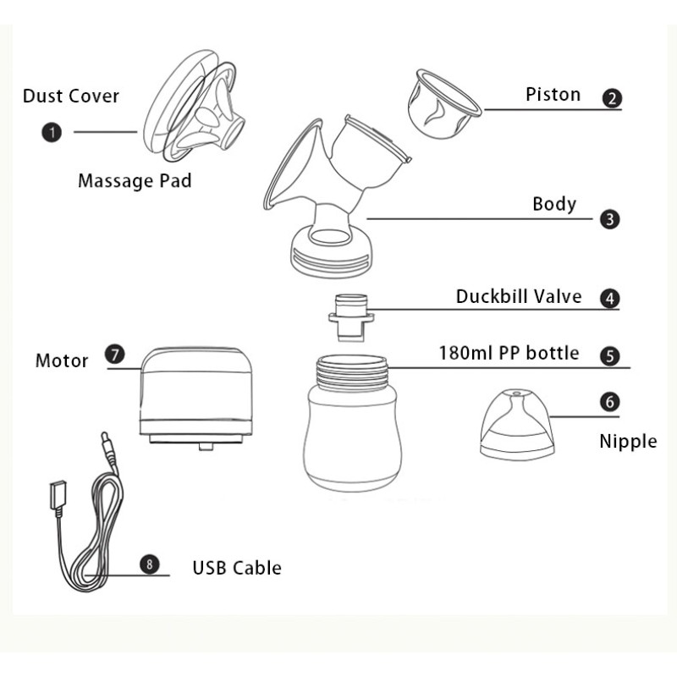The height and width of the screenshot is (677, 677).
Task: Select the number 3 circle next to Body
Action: pyautogui.click(x=609, y=219)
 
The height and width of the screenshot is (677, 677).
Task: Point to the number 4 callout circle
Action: pyautogui.click(x=609, y=299)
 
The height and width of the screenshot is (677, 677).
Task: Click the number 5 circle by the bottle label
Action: pyautogui.click(x=609, y=355)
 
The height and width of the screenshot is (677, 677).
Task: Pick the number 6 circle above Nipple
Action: pyautogui.click(x=609, y=401)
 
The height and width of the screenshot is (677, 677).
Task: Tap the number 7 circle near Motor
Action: pyautogui.click(x=113, y=355)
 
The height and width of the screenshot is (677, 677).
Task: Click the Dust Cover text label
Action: pyautogui.click(x=70, y=95)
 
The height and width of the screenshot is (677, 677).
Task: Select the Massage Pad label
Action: pyautogui.click(x=135, y=180)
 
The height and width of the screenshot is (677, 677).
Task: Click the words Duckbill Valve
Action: pyautogui.click(x=519, y=296)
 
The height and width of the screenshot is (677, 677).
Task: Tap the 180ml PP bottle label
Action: pyautogui.click(x=509, y=352)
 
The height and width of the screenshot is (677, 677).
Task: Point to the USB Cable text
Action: pyautogui.click(x=237, y=567)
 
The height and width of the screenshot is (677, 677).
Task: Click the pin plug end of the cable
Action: pyautogui.click(x=106, y=448)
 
